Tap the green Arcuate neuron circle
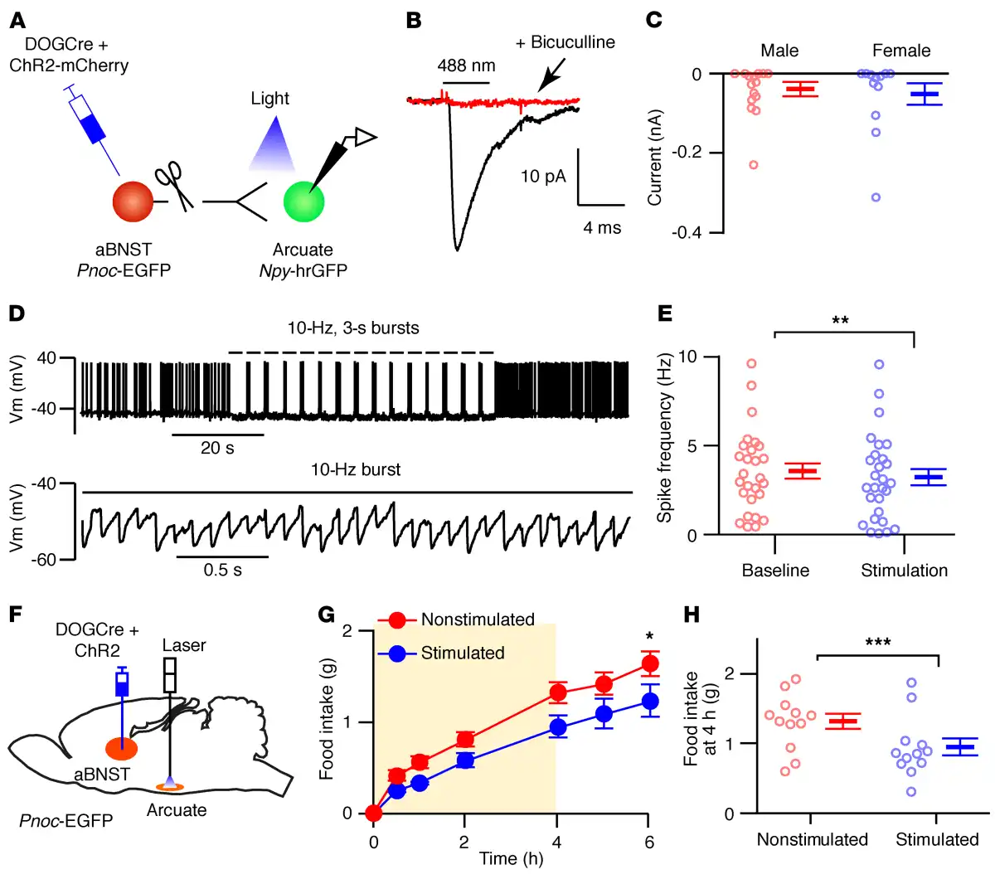click(x=303, y=202)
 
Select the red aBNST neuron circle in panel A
click(x=133, y=202)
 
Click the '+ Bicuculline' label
click(x=565, y=42)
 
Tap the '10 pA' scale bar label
click(x=543, y=176)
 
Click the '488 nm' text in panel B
click(x=467, y=66)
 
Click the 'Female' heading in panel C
click(x=901, y=51)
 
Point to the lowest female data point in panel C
click(x=876, y=197)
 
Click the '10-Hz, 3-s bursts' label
click(x=353, y=328)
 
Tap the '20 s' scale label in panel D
click(x=217, y=448)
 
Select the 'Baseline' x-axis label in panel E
click(x=775, y=571)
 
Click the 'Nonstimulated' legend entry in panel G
click(x=478, y=619)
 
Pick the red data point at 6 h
click(x=649, y=663)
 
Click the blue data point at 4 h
click(x=558, y=728)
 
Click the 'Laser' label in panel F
click(x=184, y=645)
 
